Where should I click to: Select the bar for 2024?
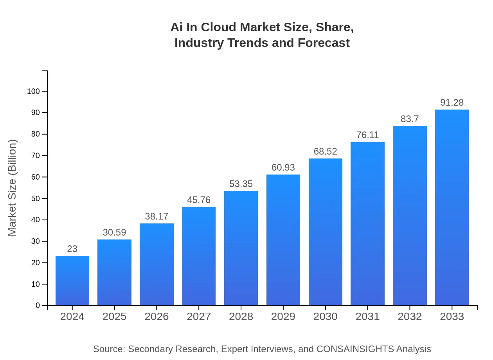pos(72,281)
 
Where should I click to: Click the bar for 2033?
pos(452,207)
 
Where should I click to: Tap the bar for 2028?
pos(241,248)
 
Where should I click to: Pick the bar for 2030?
pos(326,232)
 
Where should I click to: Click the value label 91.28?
pos(452,103)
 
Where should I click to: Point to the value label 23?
pos(72,249)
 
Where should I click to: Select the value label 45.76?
pos(199,200)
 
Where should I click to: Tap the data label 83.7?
pos(410,119)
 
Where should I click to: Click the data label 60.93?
pos(283,167)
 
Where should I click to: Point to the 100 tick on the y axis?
pos(33,91)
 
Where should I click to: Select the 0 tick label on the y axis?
pos(38,306)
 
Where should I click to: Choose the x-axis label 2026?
pos(157,317)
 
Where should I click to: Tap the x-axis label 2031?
pos(367,317)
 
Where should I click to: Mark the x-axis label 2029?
pos(283,317)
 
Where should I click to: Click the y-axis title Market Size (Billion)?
pos(13,188)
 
